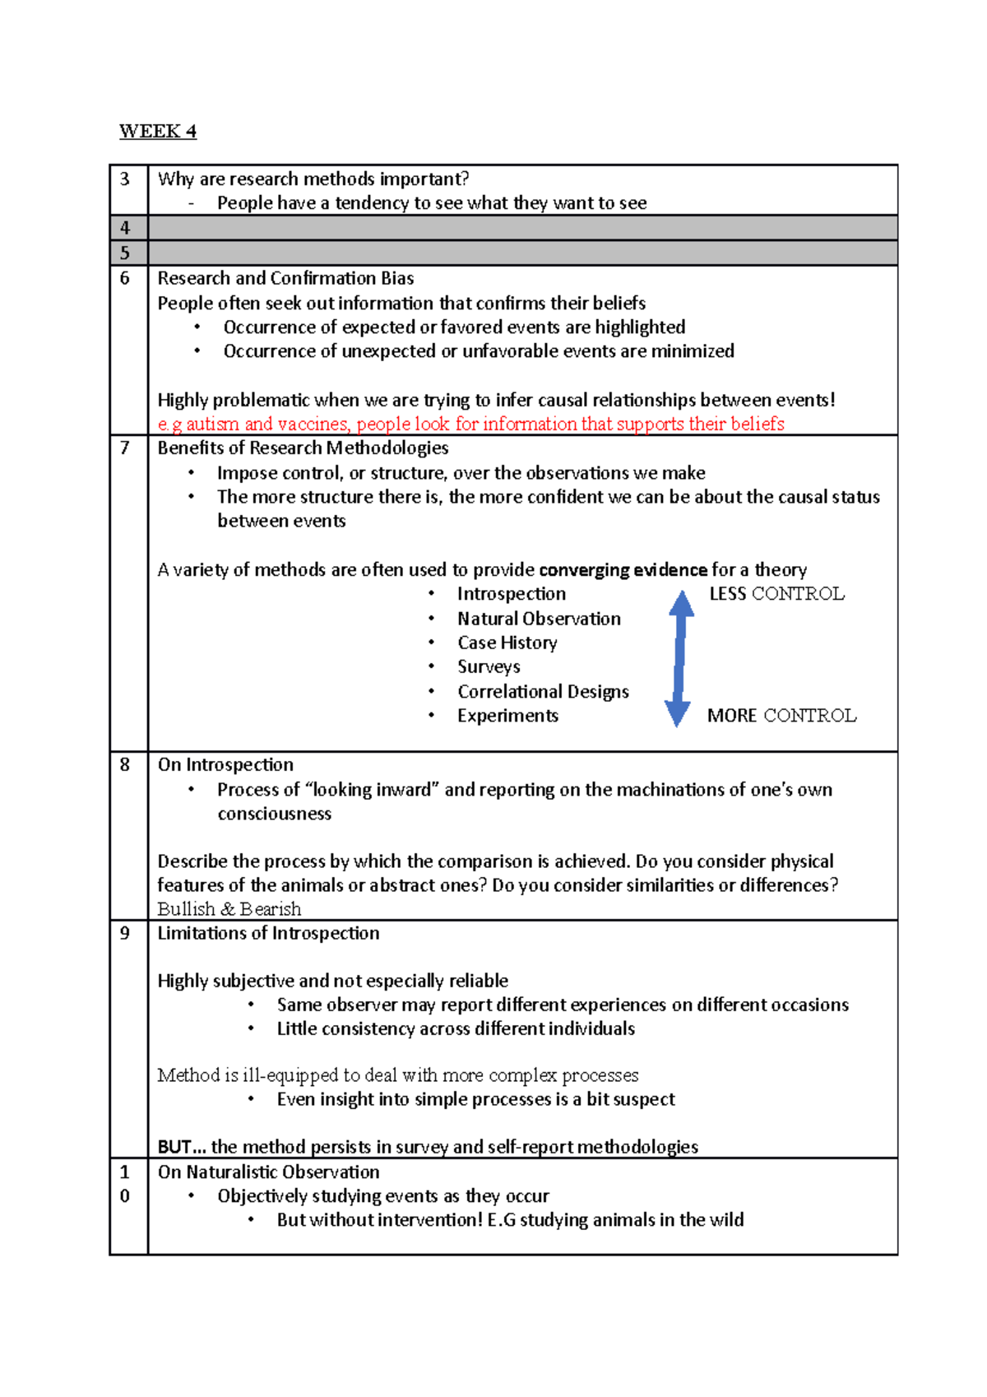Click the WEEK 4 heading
coord(158,132)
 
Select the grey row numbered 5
coord(503,253)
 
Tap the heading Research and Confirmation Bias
coord(285,278)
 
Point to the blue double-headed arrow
coord(679,658)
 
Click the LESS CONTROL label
coord(776,594)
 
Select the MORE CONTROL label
coord(781,716)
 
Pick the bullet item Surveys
coord(489,666)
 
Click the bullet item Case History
coord(507,643)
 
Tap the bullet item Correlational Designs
coord(543,691)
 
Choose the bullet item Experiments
coord(507,716)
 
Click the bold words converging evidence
coord(623,570)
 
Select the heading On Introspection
coord(225,764)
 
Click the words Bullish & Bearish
coord(229,909)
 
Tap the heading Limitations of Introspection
coord(268,933)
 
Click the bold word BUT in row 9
coord(174,1147)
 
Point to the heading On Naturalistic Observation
coord(268,1172)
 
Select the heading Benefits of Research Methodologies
coord(303,448)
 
